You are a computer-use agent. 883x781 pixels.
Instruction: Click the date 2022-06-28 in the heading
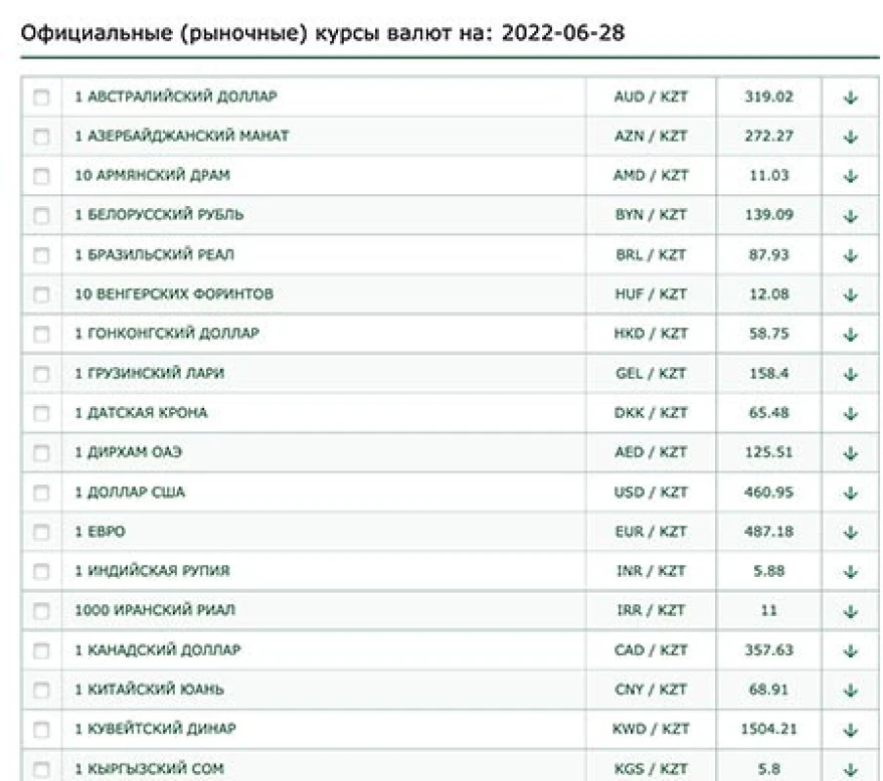563,34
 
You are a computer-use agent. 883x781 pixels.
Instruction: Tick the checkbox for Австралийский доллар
41,98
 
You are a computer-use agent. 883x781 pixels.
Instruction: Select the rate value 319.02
769,97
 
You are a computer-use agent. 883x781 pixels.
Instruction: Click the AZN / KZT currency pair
651,136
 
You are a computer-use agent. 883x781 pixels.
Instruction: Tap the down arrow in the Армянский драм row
850,177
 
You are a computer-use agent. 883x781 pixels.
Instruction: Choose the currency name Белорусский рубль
159,215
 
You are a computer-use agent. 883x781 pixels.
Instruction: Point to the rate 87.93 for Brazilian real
769,255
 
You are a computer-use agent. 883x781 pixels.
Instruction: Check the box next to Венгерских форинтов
41,295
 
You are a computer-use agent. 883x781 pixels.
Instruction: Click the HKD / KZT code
651,334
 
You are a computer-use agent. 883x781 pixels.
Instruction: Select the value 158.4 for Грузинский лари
769,374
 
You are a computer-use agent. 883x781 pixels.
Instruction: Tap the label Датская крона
141,413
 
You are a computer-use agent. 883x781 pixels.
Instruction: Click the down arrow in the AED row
850,454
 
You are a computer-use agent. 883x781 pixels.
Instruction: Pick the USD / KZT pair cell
651,492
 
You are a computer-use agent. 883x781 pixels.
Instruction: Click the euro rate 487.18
769,532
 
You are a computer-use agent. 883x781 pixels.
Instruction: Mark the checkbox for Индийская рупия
41,572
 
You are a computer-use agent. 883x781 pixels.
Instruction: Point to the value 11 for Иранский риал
769,610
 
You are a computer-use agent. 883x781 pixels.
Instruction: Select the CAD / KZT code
651,650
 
